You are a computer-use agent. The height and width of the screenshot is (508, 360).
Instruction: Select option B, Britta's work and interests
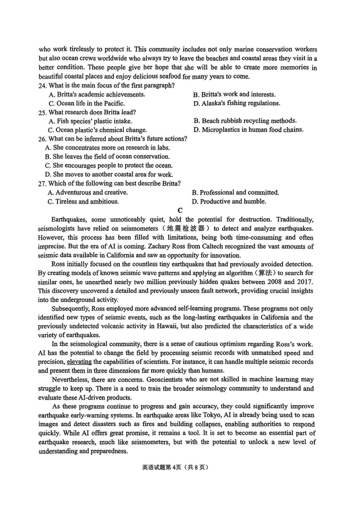[x=234, y=94]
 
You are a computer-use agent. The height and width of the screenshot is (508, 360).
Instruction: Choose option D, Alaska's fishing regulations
[x=236, y=103]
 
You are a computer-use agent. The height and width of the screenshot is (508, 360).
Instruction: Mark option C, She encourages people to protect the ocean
[x=108, y=165]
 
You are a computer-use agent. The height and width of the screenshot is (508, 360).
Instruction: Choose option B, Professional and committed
[x=235, y=192]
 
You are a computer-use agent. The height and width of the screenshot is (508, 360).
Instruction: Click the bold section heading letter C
[x=180, y=210]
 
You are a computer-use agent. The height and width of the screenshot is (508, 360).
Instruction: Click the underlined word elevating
[x=79, y=362]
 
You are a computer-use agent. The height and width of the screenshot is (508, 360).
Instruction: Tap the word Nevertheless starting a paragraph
[x=73, y=380]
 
